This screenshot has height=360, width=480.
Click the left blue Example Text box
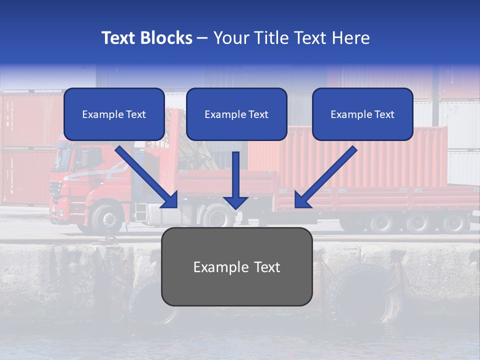(114, 114)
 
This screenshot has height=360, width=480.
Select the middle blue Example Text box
(236, 114)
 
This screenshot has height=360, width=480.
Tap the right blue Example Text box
(362, 114)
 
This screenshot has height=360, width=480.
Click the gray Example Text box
(236, 266)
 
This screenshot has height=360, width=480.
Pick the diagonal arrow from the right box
(326, 177)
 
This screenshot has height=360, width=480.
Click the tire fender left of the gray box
(147, 300)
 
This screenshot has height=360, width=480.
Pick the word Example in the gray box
(214, 267)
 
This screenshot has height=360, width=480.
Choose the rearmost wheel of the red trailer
(455, 223)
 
